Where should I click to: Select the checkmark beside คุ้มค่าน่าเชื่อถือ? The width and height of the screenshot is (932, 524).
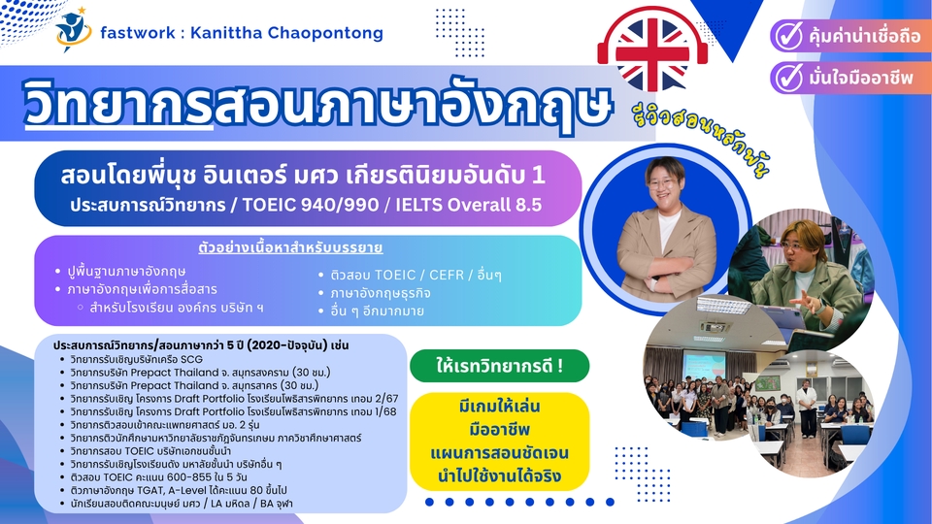pyautogui.click(x=788, y=36)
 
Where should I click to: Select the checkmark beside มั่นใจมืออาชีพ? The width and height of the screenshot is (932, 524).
pyautogui.click(x=788, y=78)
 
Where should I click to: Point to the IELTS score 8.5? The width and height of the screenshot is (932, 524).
pyautogui.click(x=526, y=205)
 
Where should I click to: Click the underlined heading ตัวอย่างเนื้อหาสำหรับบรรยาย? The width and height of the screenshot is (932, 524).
pyautogui.click(x=290, y=247)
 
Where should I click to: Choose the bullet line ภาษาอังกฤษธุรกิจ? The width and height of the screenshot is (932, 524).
pyautogui.click(x=381, y=293)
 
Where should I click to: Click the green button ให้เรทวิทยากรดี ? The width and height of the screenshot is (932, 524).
pyautogui.click(x=499, y=366)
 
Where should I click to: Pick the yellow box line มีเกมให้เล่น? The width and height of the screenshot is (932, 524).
pyautogui.click(x=499, y=407)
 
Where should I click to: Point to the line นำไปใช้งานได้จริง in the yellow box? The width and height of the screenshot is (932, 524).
pyautogui.click(x=499, y=475)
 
